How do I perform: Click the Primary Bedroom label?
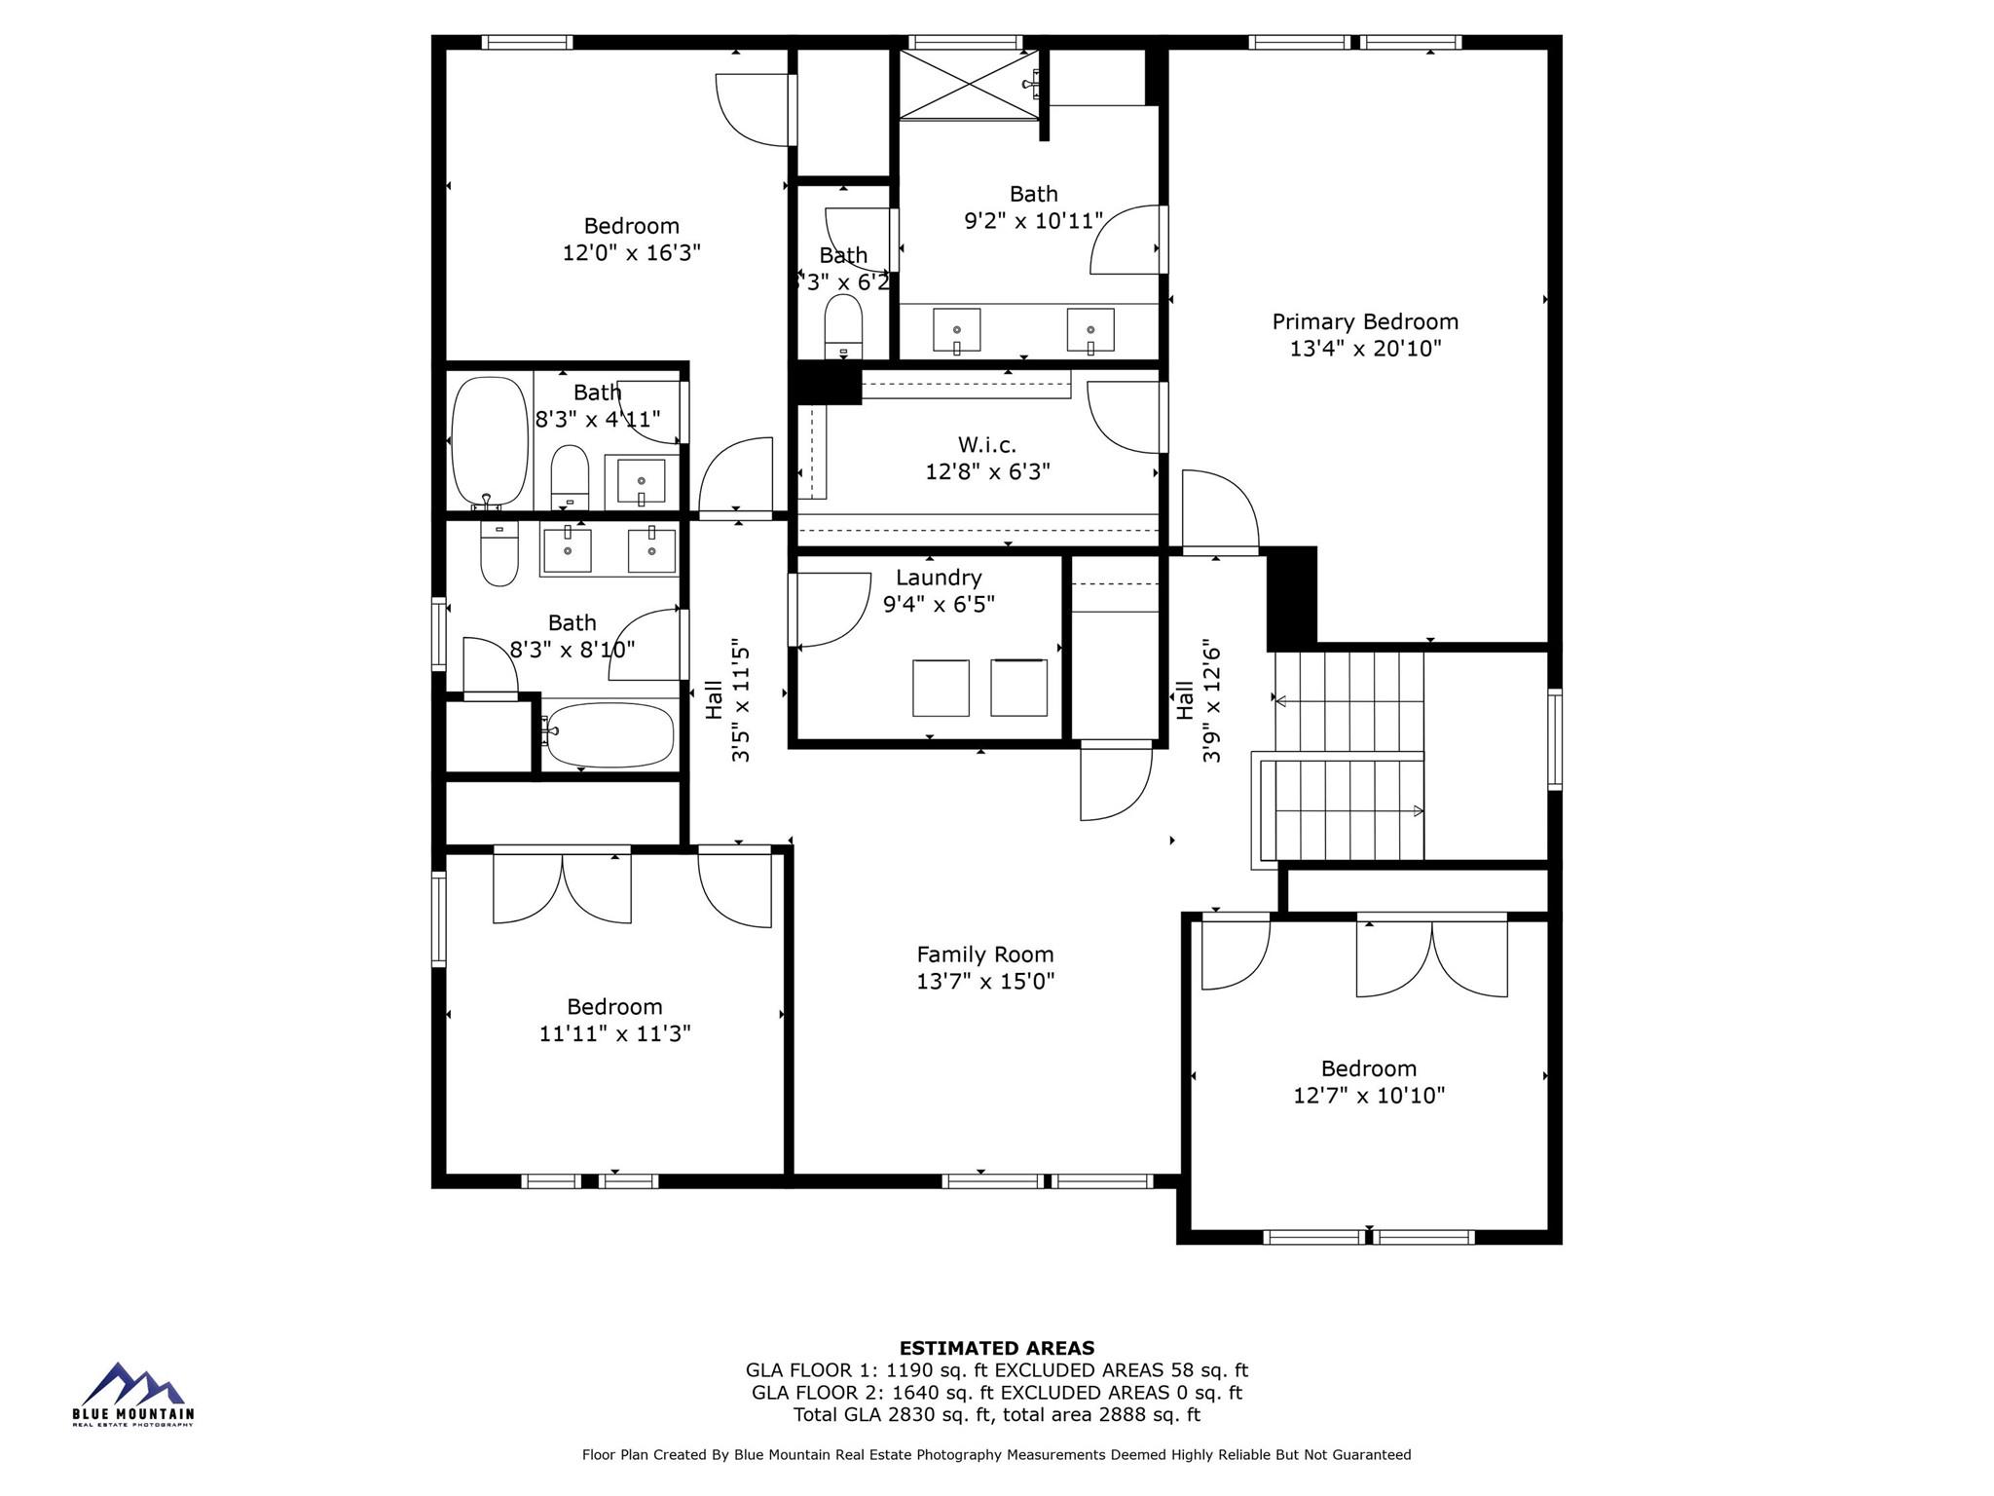coord(1365,322)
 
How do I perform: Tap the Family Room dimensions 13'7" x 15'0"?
coord(985,982)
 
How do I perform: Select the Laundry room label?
coord(939,578)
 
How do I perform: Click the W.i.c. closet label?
coord(987,445)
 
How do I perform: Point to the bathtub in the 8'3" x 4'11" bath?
coord(490,440)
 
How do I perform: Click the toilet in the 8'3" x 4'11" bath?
coord(571,476)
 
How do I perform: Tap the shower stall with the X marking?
coord(968,85)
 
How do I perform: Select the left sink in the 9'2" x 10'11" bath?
coord(956,329)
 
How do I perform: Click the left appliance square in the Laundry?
coord(941,688)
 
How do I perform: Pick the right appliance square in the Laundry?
coord(1018,688)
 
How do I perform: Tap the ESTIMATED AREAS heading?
coord(996,1348)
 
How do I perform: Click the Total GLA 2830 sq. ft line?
coord(996,1415)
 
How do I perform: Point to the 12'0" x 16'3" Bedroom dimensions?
coord(631,253)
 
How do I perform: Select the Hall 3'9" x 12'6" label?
coord(1198,700)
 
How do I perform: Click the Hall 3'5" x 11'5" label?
coord(727,700)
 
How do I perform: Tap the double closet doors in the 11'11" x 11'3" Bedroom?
coord(562,886)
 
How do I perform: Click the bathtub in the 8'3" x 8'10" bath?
coord(609,734)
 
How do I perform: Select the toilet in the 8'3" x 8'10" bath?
coord(499,555)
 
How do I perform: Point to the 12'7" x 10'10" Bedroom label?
coord(1368,1069)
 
